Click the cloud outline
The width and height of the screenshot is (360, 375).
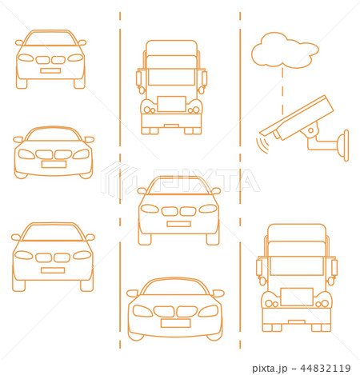pos(284,51)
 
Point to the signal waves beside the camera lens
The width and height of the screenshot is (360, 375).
pos(260,143)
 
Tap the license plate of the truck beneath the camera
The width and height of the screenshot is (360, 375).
pos(296,297)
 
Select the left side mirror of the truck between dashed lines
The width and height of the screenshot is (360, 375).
pos(140,78)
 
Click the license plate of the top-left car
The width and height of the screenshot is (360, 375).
pos(50,71)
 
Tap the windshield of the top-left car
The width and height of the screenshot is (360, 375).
pos(50,39)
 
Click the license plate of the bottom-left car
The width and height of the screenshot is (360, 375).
pos(53,270)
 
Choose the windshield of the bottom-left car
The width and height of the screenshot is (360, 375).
pos(53,233)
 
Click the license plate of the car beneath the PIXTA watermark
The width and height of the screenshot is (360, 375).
pos(178,224)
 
